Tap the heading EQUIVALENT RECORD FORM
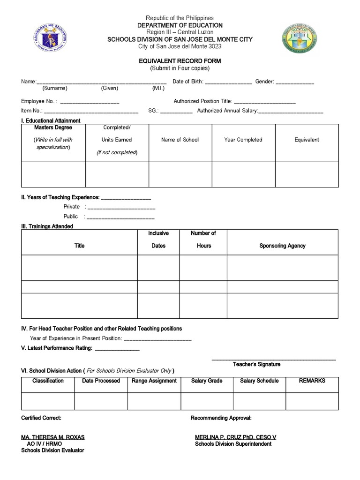tap(180, 61)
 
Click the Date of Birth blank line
tap(228, 82)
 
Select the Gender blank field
tap(295, 82)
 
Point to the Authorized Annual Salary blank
tap(291, 112)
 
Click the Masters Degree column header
tap(53, 127)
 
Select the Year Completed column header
tap(243, 140)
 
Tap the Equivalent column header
tap(307, 140)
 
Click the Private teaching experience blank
tap(121, 208)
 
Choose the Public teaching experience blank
tap(121, 217)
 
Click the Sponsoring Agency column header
tap(282, 246)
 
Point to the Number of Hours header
tap(203, 240)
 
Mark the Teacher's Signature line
tap(274, 360)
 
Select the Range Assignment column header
tap(154, 381)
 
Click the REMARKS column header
tap(312, 381)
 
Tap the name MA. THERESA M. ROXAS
tap(53, 437)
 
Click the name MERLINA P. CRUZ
tap(235, 437)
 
